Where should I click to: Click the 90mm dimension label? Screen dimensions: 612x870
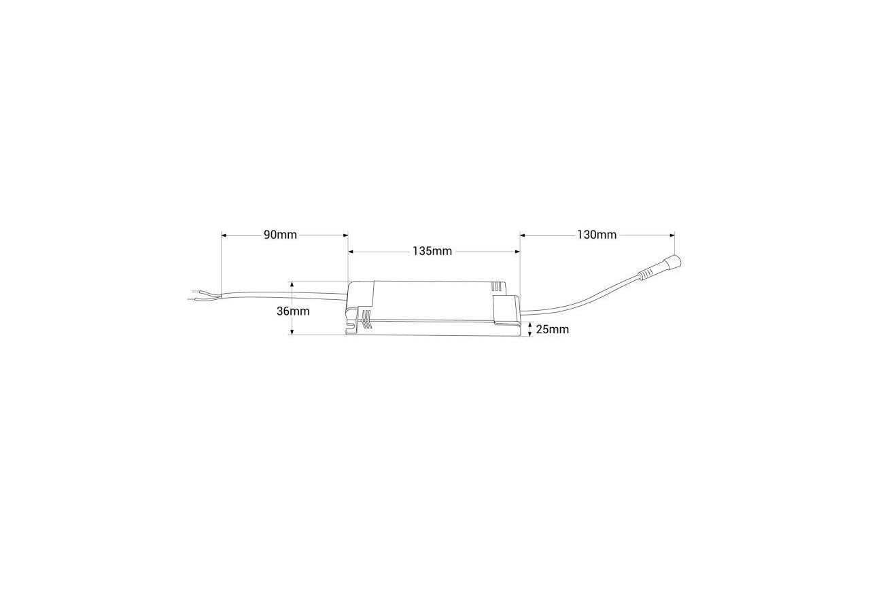pos(280,235)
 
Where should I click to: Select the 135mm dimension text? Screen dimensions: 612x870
pos(432,251)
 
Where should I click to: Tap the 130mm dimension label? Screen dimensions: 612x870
pos(597,235)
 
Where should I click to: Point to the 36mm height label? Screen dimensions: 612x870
pos(293,311)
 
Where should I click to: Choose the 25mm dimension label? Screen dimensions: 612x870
pos(553,330)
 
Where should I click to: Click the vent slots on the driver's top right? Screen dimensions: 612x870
pos(499,288)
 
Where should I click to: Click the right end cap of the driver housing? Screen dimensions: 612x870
pos(506,310)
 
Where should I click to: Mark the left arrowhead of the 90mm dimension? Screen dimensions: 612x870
pos(224,235)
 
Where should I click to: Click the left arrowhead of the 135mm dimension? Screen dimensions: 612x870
pos(351,251)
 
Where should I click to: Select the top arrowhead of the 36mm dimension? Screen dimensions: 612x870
pos(292,285)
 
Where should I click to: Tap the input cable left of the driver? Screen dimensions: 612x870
pos(285,294)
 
